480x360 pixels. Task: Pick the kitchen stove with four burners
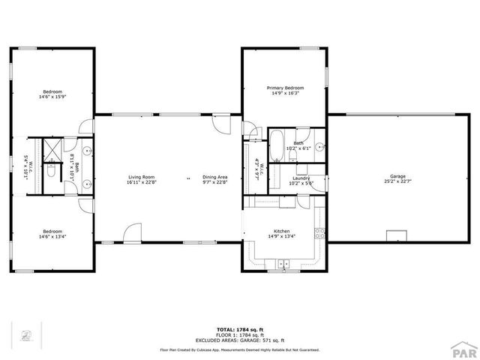(320, 232)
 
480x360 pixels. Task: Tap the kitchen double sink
(285, 263)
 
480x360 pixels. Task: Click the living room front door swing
(133, 232)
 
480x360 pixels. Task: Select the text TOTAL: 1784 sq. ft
(239, 329)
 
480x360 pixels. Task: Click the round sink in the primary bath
(319, 147)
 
